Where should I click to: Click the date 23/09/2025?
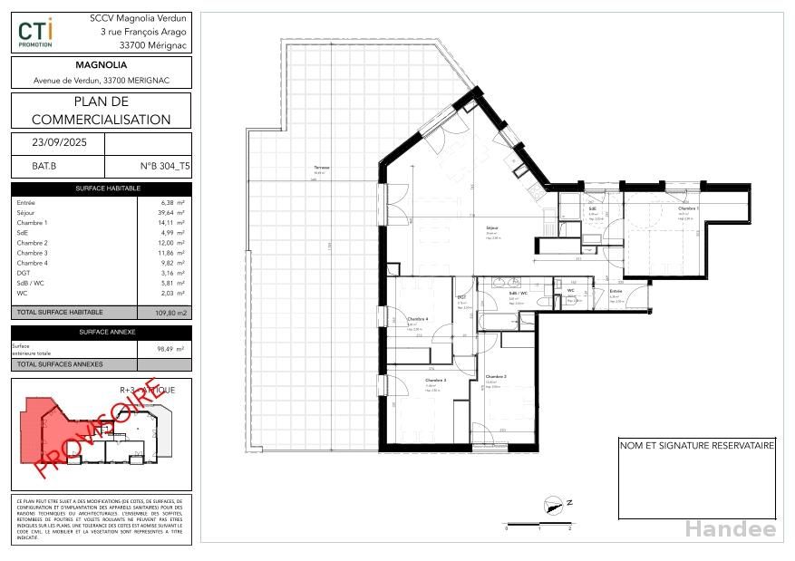click(x=56, y=143)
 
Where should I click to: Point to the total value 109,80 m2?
click(x=164, y=312)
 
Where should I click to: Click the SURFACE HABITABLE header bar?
click(x=102, y=189)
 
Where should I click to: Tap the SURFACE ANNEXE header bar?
click(x=102, y=333)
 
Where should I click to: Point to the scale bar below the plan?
click(x=538, y=524)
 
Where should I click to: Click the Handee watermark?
click(x=730, y=529)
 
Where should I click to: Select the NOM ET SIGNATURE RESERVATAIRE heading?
click(x=696, y=446)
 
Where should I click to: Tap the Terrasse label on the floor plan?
click(x=321, y=169)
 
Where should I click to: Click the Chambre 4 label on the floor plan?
click(x=418, y=319)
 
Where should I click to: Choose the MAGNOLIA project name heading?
click(x=102, y=65)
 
